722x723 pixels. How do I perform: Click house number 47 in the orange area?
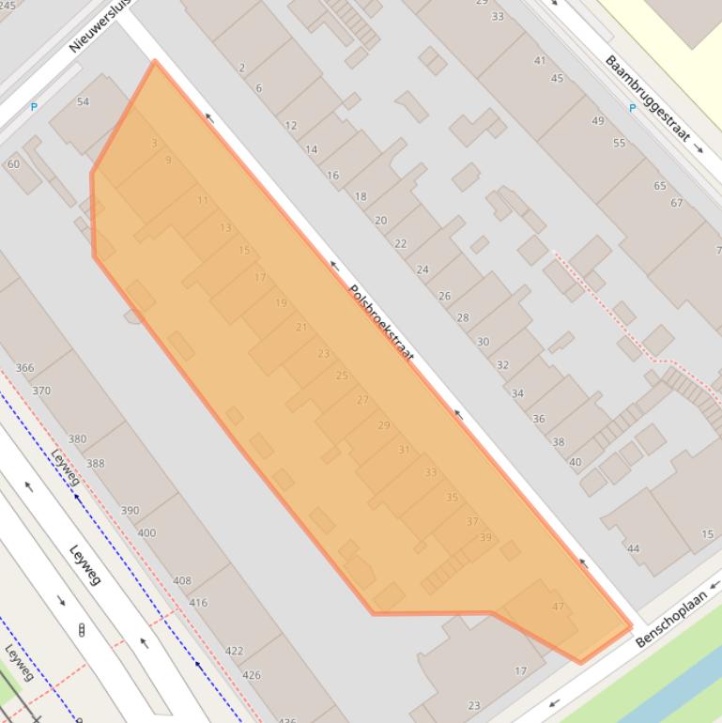click(x=559, y=607)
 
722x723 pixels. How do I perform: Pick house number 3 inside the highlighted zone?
click(x=154, y=143)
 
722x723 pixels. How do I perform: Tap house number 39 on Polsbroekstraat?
click(x=485, y=537)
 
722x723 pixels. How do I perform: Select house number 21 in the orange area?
click(x=301, y=327)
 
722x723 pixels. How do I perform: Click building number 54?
click(x=83, y=101)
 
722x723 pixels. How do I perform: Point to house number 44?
click(x=633, y=548)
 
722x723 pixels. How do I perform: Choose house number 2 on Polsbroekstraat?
click(x=242, y=68)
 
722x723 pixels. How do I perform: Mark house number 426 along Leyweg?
click(x=251, y=674)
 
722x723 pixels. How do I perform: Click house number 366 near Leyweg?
click(x=24, y=368)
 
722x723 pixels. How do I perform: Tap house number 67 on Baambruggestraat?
click(x=676, y=203)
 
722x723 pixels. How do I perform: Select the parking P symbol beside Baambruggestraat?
click(x=632, y=108)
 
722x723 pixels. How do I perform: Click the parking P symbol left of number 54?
click(x=34, y=107)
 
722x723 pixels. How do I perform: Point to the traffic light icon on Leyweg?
click(x=82, y=629)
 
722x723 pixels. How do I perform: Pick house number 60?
click(x=13, y=164)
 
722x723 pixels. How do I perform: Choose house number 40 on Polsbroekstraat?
click(x=576, y=461)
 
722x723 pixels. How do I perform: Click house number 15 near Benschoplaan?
click(x=707, y=535)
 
